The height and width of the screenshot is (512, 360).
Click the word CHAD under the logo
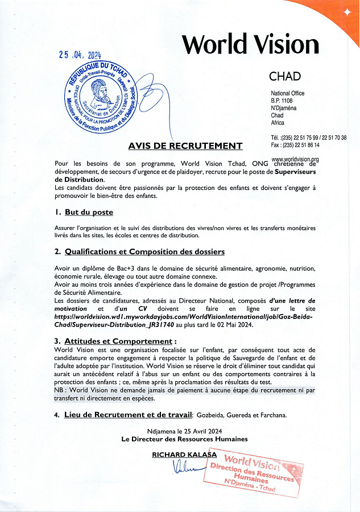(x=285, y=76)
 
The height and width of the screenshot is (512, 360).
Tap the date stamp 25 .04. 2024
(x=80, y=55)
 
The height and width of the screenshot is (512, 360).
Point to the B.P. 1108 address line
(x=283, y=101)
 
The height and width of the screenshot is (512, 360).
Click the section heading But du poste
(x=89, y=212)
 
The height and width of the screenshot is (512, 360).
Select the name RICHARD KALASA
(x=184, y=454)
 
